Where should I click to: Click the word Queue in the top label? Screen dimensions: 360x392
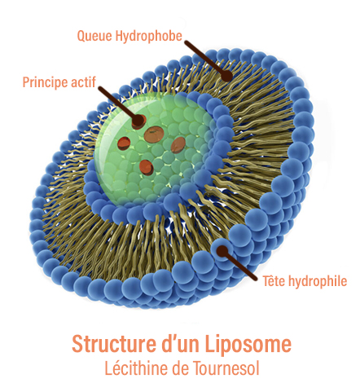pyautogui.click(x=94, y=36)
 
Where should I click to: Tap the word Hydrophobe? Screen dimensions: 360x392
pyautogui.click(x=149, y=36)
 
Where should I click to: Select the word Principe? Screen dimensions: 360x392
pyautogui.click(x=45, y=82)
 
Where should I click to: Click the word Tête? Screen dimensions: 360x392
pyautogui.click(x=274, y=280)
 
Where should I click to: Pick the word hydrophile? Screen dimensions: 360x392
pyautogui.click(x=318, y=281)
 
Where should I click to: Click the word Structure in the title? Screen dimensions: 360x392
pyautogui.click(x=114, y=343)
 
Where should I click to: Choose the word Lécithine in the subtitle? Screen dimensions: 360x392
pyautogui.click(x=137, y=368)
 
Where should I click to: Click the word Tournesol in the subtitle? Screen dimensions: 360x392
pyautogui.click(x=226, y=368)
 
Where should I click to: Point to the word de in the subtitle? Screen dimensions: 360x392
pyautogui.click(x=181, y=368)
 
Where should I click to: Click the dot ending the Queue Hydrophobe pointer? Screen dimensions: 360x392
pyautogui.click(x=226, y=75)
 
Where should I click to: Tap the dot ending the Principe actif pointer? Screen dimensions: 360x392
pyautogui.click(x=139, y=121)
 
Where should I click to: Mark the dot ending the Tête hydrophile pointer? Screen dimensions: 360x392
pyautogui.click(x=222, y=251)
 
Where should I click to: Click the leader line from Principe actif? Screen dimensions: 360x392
pyautogui.click(x=118, y=104)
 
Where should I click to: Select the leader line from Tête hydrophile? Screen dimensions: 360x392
pyautogui.click(x=239, y=266)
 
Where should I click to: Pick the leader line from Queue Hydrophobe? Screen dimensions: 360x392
pyautogui.click(x=205, y=58)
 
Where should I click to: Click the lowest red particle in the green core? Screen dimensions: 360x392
pyautogui.click(x=147, y=167)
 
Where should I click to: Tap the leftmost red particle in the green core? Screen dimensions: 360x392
pyautogui.click(x=124, y=143)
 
